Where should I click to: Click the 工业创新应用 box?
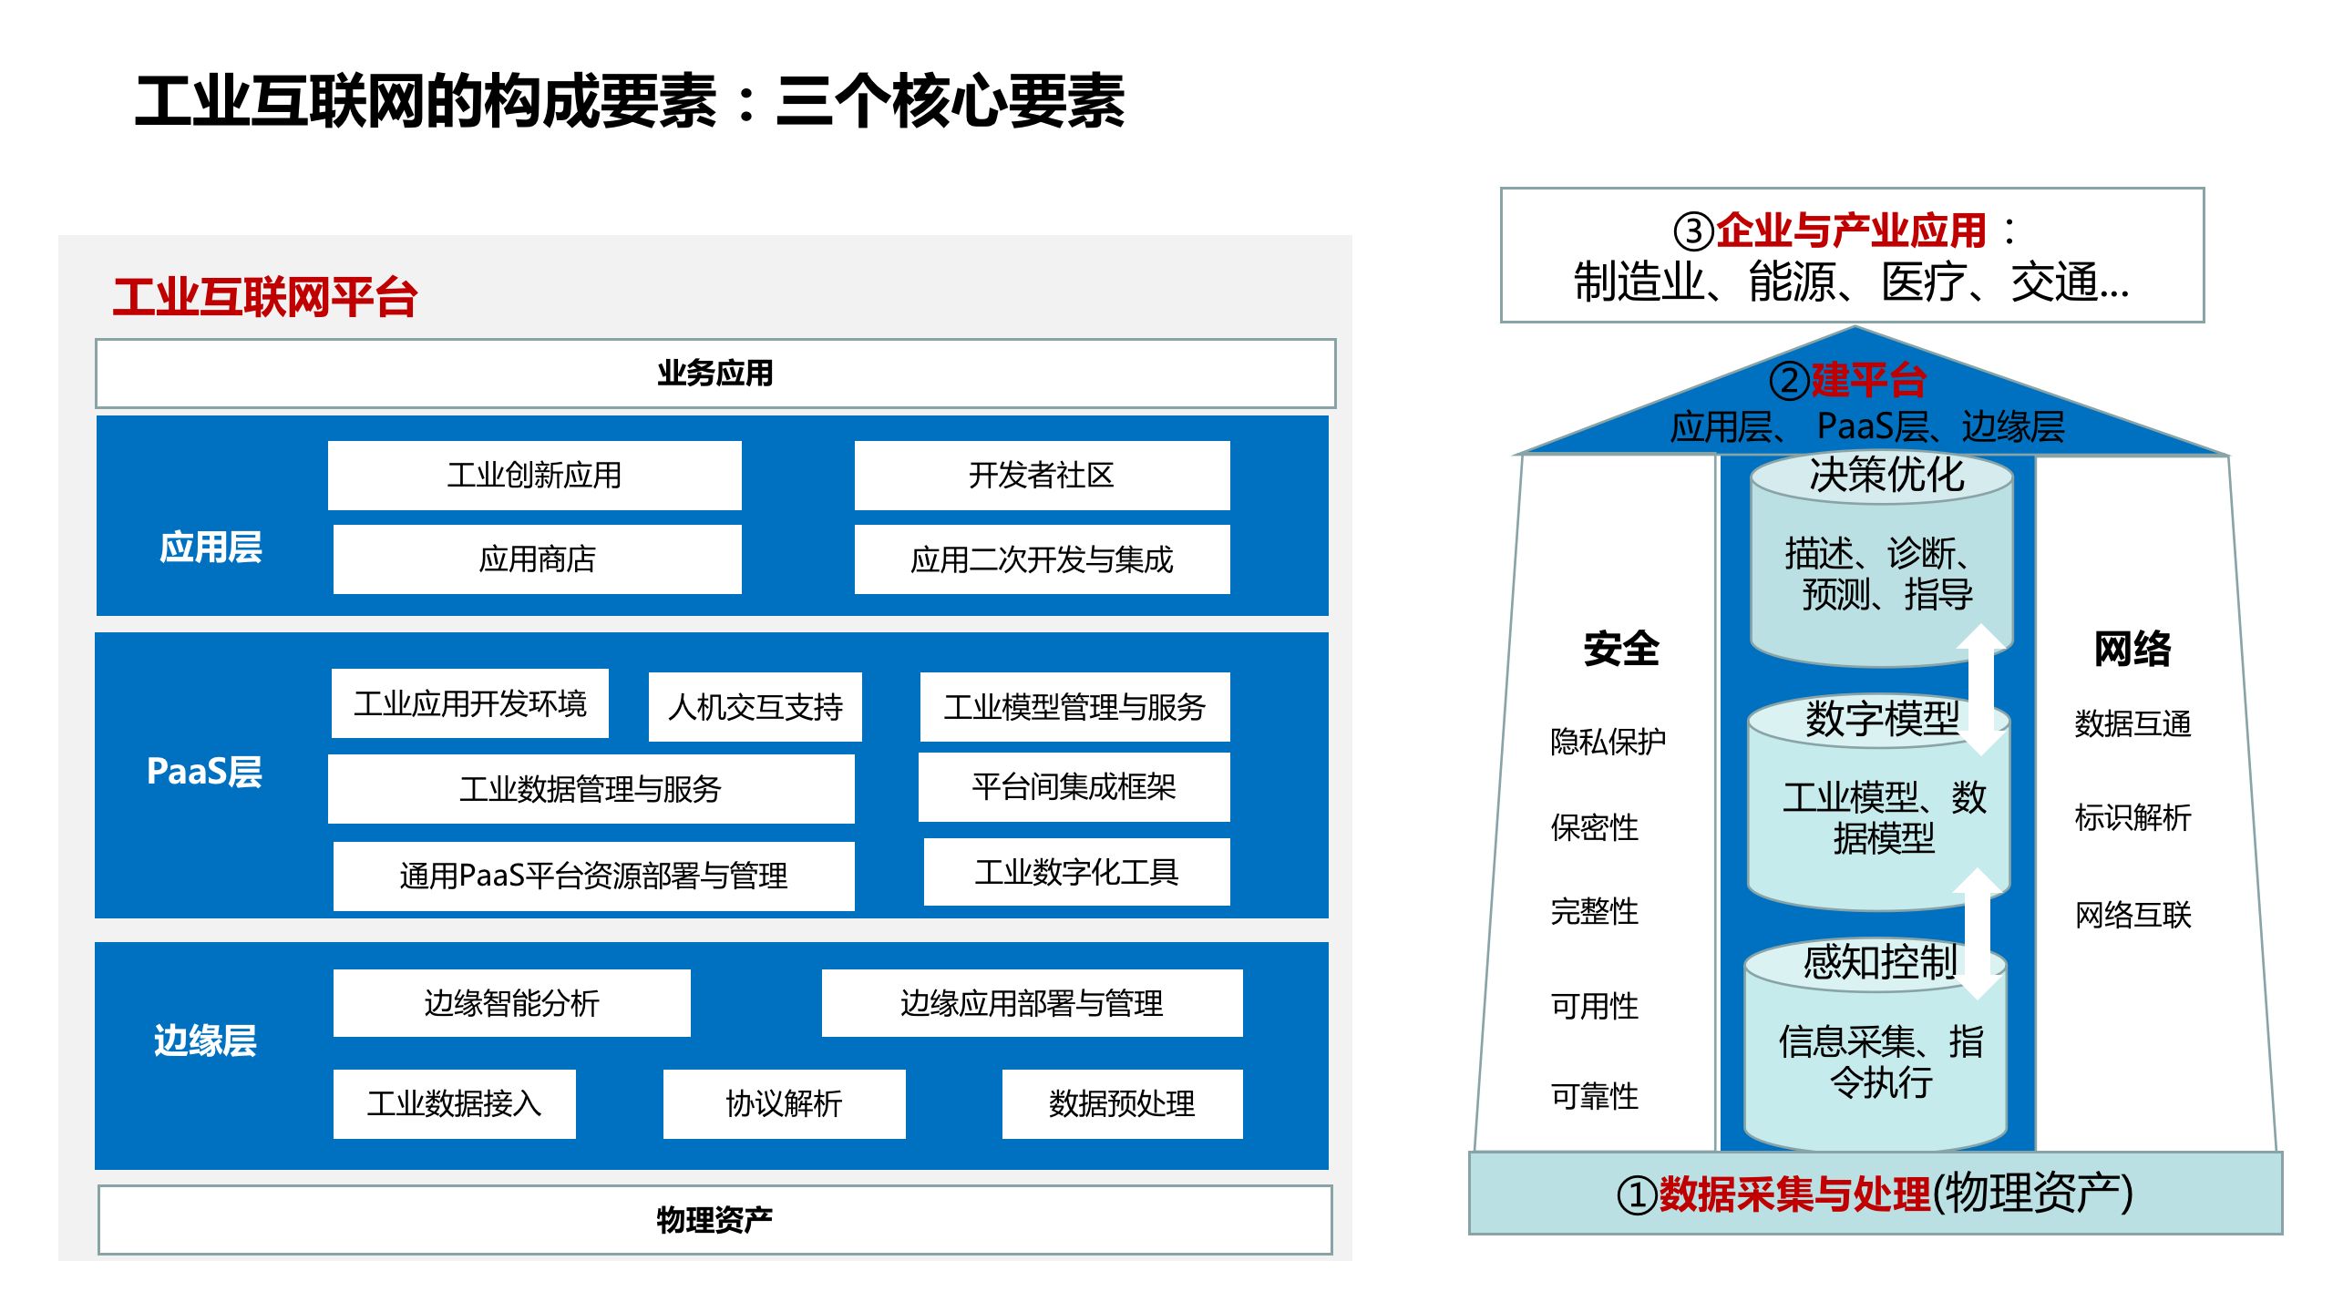(x=534, y=475)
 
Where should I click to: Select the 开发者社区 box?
(x=1042, y=475)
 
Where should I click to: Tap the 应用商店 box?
(x=537, y=559)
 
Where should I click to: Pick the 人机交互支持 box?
(x=755, y=707)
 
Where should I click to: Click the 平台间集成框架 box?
(x=1074, y=786)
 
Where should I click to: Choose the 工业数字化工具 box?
(x=1076, y=872)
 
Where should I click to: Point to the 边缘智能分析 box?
(x=511, y=1003)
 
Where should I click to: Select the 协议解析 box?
(x=784, y=1103)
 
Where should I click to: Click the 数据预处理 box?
(x=1122, y=1103)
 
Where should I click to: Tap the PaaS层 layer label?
(x=204, y=772)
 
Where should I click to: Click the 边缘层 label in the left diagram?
(x=205, y=1040)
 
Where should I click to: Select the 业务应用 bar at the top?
(x=715, y=374)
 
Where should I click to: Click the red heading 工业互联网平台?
(x=264, y=297)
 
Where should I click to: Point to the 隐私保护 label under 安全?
(x=1608, y=742)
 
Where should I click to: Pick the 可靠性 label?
(x=1594, y=1096)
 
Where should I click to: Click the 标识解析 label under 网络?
(x=2133, y=817)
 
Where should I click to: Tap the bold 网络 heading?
(x=2132, y=649)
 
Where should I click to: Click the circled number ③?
(x=1694, y=231)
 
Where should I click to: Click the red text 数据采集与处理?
(x=1793, y=1194)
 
